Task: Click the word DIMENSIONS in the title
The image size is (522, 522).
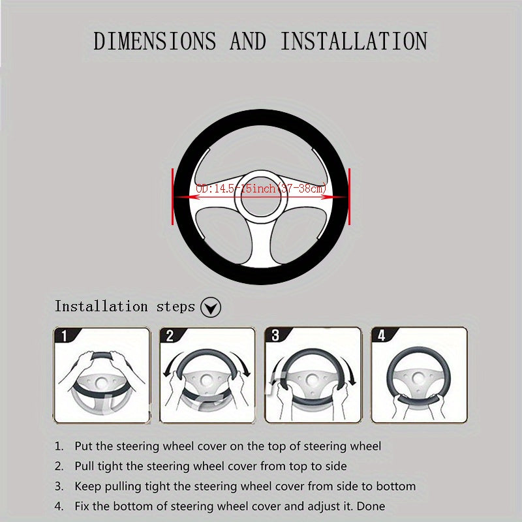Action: [x=155, y=40]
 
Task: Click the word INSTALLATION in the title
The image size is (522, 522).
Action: [x=354, y=40]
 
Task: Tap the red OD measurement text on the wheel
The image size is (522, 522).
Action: [x=261, y=189]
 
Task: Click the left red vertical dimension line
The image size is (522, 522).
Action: [x=173, y=196]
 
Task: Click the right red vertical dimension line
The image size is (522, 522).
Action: [x=350, y=196]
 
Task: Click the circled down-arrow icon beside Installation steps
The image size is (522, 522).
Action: [x=210, y=307]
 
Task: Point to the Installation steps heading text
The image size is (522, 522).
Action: [x=125, y=306]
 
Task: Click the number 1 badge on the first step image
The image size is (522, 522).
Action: [x=63, y=337]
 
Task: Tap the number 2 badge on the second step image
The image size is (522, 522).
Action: [x=170, y=337]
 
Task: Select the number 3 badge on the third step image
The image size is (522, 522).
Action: [x=275, y=336]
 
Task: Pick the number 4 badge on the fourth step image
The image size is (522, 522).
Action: [x=381, y=336]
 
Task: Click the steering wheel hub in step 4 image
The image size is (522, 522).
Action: [x=419, y=378]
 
